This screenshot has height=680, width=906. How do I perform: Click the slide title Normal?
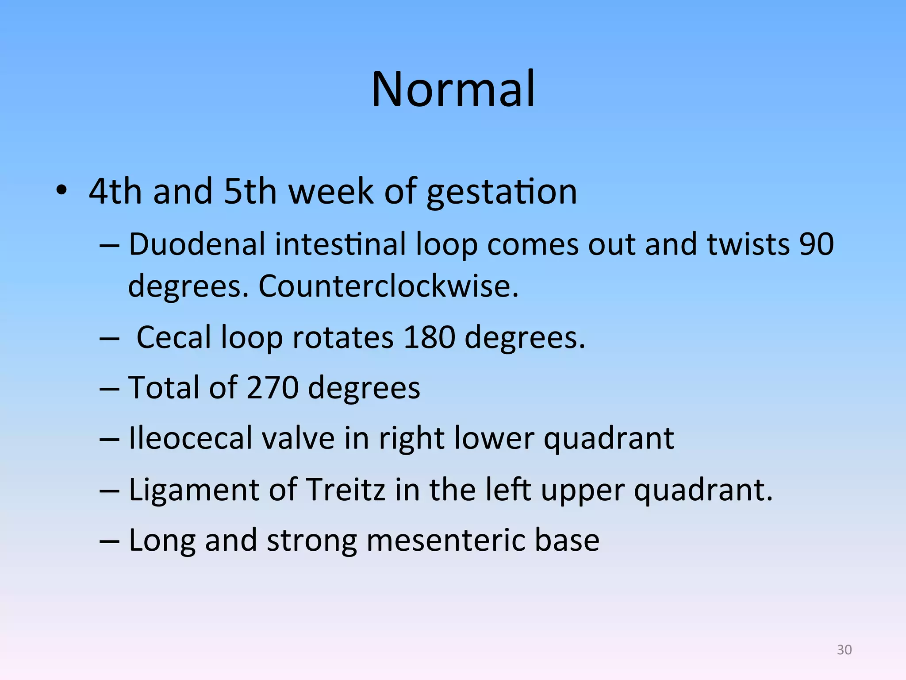pyautogui.click(x=453, y=89)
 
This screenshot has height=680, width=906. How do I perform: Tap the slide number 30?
pyautogui.click(x=844, y=649)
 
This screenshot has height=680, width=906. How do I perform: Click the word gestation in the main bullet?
pyautogui.click(x=502, y=193)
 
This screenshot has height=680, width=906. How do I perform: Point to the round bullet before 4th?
pyautogui.click(x=61, y=191)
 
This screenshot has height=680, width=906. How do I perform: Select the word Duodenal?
pyautogui.click(x=196, y=244)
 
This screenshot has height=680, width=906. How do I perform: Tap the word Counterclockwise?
pyautogui.click(x=388, y=286)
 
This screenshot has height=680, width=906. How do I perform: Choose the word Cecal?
pyautogui.click(x=174, y=338)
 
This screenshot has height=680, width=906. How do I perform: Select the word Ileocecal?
pyautogui.click(x=190, y=439)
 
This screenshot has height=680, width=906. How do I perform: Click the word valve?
pyautogui.click(x=298, y=439)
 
